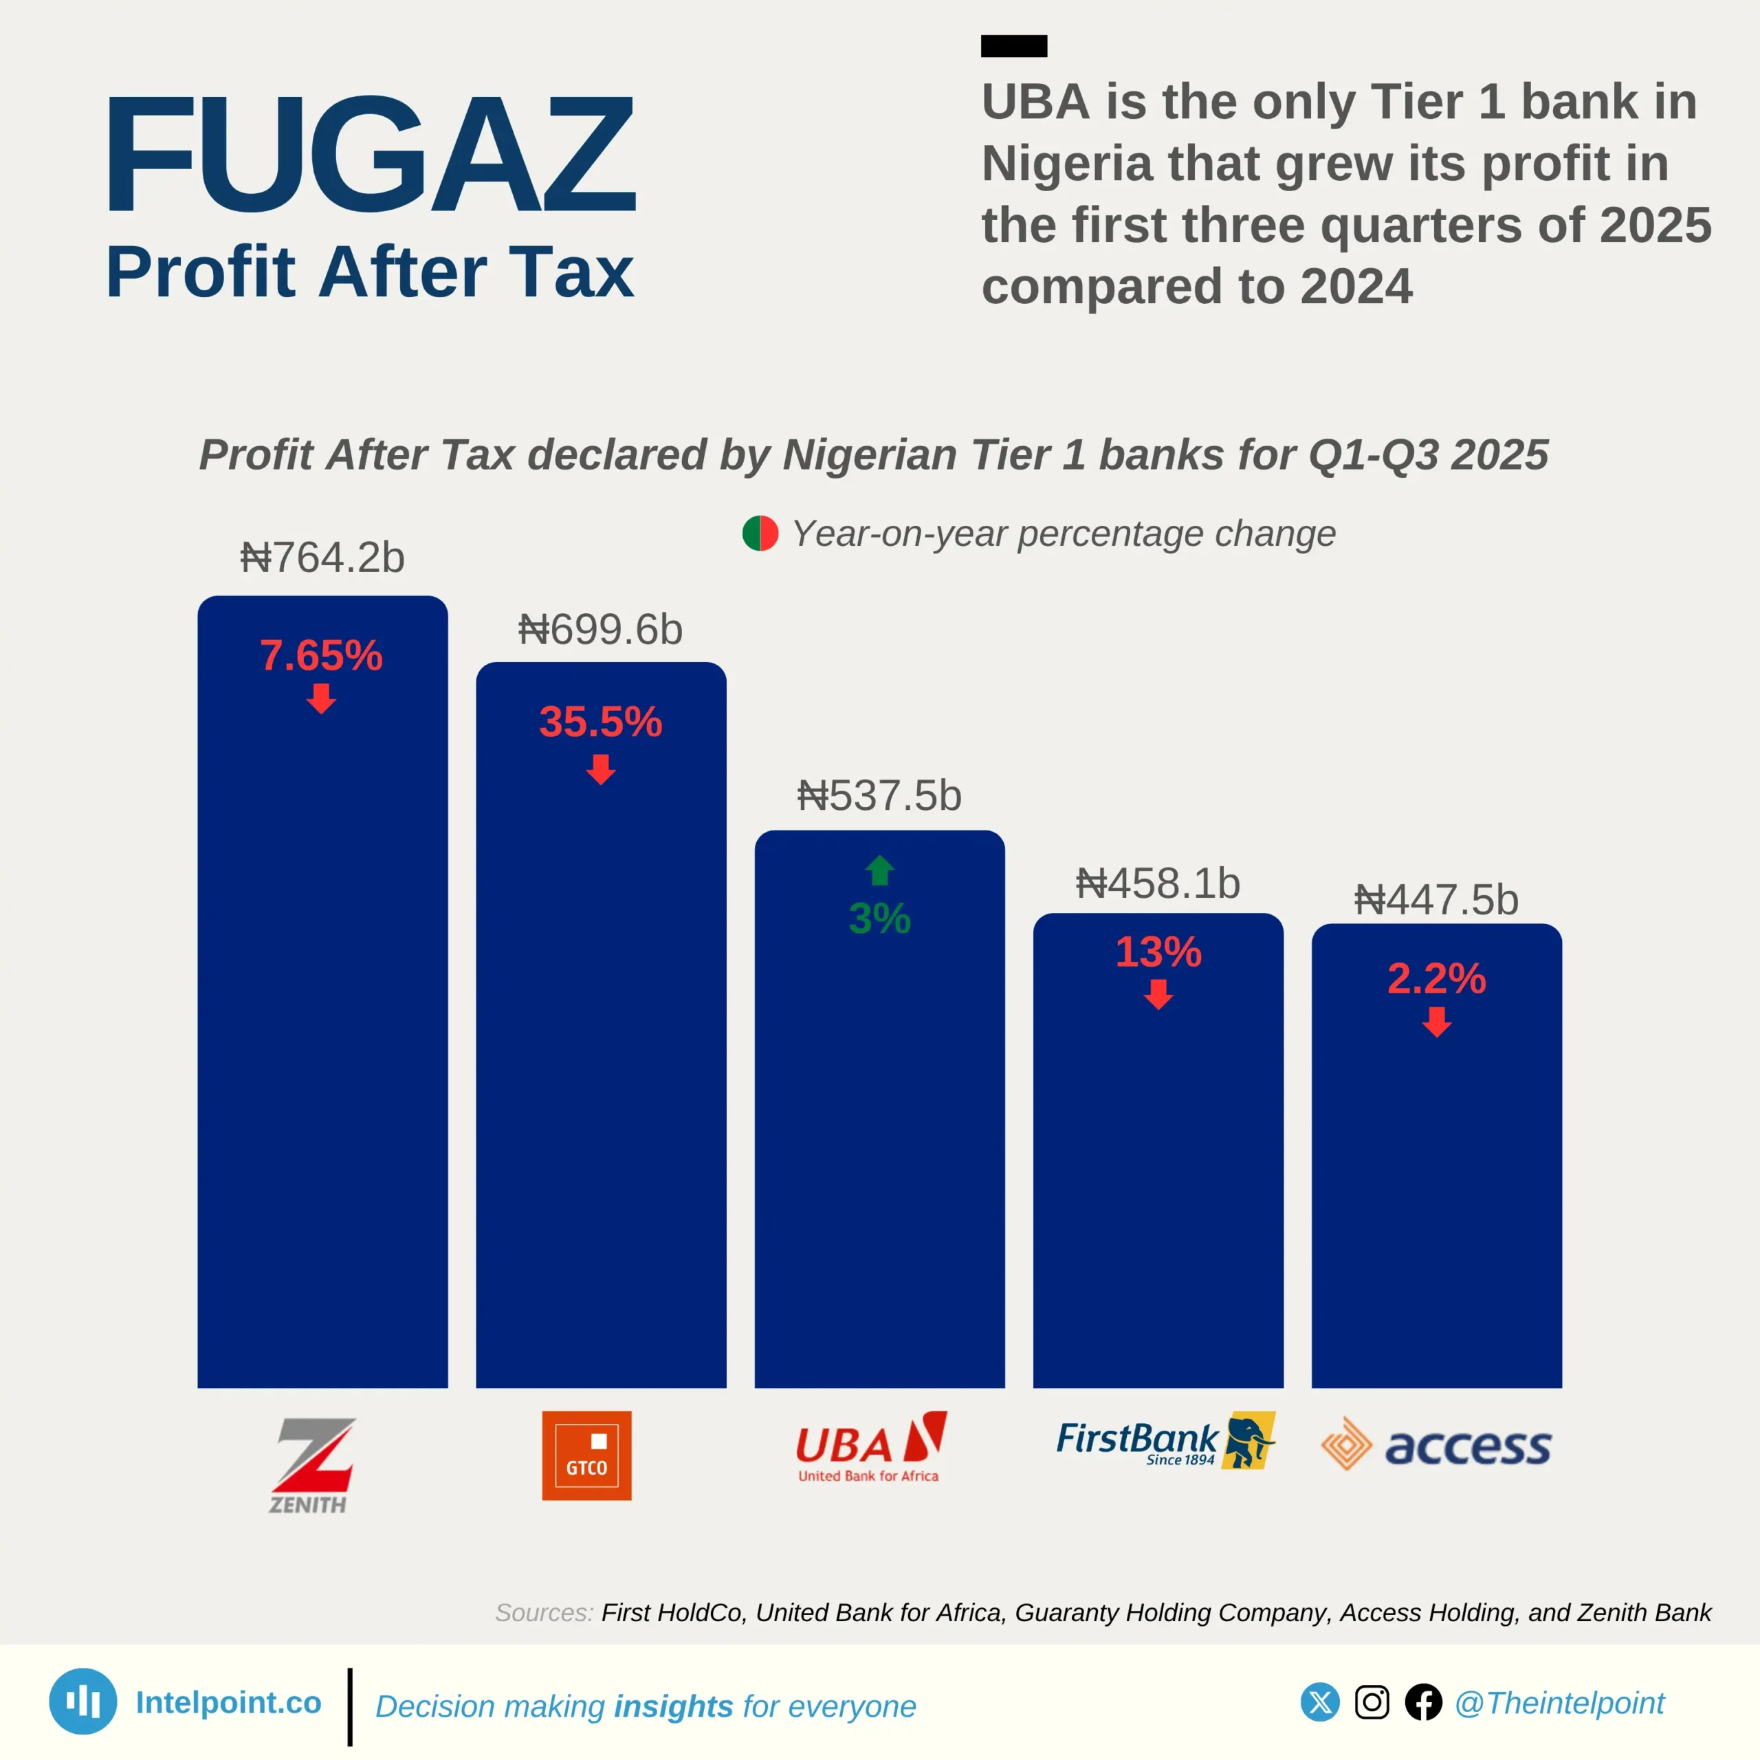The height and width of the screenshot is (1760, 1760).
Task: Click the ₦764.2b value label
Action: coord(322,558)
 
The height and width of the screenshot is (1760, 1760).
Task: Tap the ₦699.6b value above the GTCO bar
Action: coord(600,630)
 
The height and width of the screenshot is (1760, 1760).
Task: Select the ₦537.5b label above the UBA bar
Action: coord(879,795)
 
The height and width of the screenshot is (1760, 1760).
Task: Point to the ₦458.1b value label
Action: coord(1158,883)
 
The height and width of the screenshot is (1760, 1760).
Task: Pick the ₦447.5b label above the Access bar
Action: coord(1437,900)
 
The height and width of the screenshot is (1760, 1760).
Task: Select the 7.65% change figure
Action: coord(322,656)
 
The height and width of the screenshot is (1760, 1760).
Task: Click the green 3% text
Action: coord(879,918)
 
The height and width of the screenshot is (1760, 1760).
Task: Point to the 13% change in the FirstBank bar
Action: coord(1158,952)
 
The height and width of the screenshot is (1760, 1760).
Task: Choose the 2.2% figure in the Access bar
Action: coord(1437,978)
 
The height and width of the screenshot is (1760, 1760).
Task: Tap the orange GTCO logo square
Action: coord(586,1455)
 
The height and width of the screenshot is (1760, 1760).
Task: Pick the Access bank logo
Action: coord(1437,1445)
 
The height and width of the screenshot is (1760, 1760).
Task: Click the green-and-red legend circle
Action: coord(760,533)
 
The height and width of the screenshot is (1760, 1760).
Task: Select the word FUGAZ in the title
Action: coord(371,155)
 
